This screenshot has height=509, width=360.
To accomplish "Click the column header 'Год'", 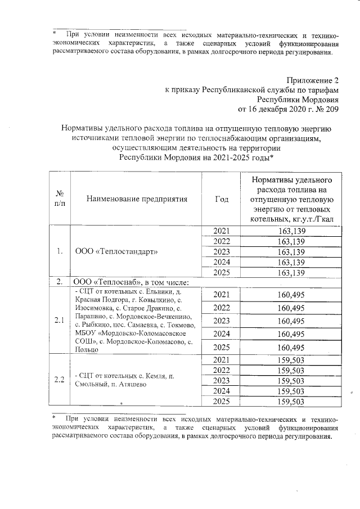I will point(222,198).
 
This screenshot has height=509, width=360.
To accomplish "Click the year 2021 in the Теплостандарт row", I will point(222,231).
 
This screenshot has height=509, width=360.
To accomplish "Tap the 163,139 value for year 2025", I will point(291,272).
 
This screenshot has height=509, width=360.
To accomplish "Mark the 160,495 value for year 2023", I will point(291,321).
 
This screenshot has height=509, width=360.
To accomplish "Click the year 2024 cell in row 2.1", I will point(222,334).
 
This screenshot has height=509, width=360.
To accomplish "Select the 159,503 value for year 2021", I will point(291,359).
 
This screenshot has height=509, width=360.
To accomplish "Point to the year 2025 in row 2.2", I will point(222,401).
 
